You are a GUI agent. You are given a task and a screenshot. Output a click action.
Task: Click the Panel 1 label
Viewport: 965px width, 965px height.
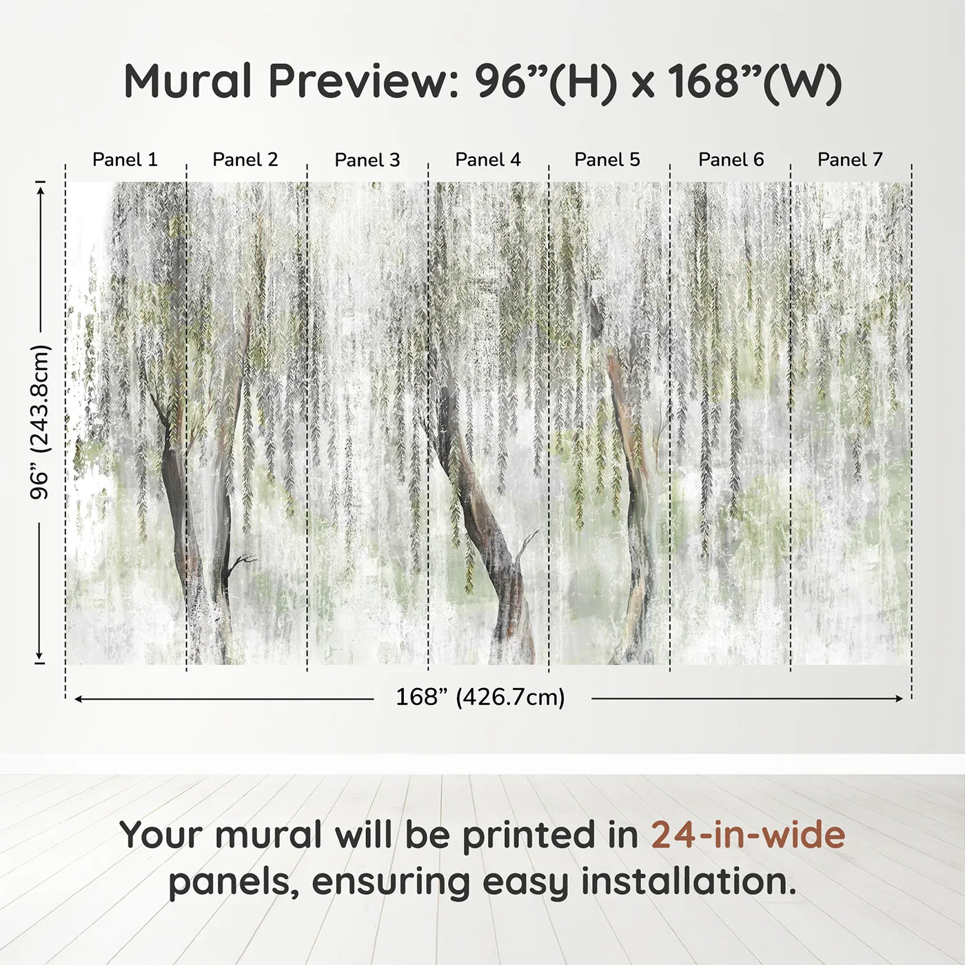125,160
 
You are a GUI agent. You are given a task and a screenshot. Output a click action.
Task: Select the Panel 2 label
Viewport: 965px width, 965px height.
245,160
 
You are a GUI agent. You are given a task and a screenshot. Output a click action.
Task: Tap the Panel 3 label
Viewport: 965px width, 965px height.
367,160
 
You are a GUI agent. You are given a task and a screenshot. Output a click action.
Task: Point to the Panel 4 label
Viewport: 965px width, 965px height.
488,160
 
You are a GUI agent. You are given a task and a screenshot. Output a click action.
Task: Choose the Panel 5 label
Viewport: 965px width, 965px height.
607,160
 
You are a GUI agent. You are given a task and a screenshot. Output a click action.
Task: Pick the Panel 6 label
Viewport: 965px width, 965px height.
731,160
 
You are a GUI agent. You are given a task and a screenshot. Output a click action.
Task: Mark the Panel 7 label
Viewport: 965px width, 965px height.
850,160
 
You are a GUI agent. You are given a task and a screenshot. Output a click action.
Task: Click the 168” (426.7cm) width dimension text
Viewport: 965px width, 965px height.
480,698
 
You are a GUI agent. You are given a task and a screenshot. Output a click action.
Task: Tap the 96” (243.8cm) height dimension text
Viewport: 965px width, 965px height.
40,422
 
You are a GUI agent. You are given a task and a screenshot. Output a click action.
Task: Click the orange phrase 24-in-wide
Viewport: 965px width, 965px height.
748,835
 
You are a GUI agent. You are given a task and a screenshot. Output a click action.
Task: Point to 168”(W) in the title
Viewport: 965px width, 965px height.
755,81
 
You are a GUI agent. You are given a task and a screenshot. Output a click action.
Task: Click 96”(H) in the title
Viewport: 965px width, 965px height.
545,81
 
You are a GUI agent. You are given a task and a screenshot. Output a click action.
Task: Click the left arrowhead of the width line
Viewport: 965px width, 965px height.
78,699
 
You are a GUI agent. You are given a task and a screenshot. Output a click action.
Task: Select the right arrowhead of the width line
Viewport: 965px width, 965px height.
899,699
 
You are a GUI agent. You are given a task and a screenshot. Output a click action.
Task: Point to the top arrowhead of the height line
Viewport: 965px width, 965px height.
40,187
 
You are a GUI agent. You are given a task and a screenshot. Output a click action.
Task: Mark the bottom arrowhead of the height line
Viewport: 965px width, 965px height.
40,656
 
